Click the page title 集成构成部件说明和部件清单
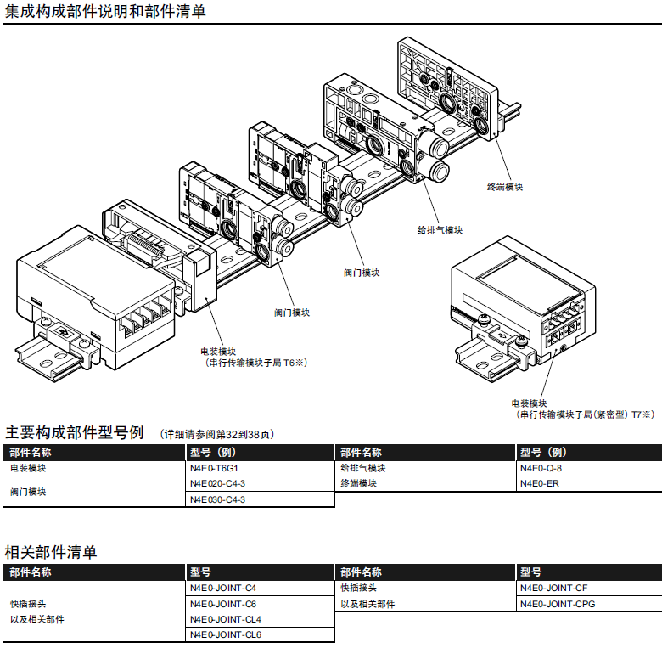(105, 11)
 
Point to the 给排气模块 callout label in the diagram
(440, 230)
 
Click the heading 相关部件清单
(51, 552)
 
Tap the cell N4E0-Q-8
(541, 468)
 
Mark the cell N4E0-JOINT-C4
(223, 588)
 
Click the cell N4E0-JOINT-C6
(223, 604)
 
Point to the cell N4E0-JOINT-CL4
(226, 619)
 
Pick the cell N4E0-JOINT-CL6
(226, 634)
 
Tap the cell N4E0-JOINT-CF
(553, 588)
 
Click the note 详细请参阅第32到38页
(219, 434)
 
